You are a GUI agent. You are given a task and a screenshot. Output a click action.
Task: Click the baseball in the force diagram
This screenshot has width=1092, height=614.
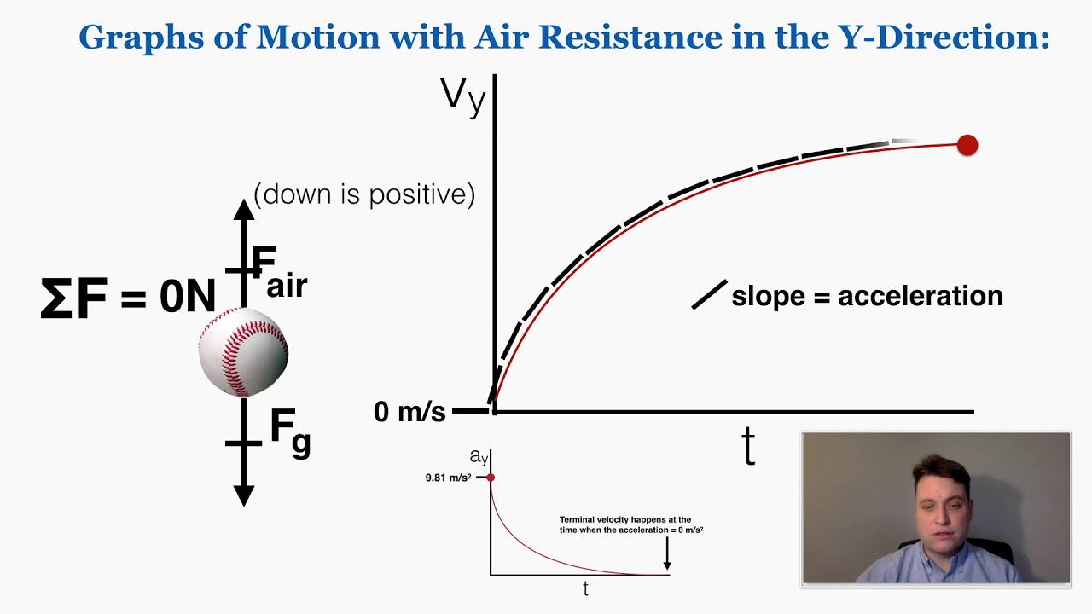coord(243,352)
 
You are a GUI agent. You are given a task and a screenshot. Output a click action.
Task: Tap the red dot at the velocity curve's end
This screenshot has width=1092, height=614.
coord(967,146)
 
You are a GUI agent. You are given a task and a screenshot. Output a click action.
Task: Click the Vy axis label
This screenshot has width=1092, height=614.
coord(462,96)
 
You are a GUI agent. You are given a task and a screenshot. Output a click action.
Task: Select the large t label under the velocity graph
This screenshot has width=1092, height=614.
coord(748,445)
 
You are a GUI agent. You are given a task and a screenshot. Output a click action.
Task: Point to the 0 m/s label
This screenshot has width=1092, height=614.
coord(409,412)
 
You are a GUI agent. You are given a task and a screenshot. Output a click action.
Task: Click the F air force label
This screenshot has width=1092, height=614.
coord(278,272)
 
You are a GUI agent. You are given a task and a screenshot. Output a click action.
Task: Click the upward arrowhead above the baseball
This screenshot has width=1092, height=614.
coord(244,210)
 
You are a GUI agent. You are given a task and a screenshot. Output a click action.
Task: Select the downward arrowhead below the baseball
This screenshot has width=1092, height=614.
coord(244,494)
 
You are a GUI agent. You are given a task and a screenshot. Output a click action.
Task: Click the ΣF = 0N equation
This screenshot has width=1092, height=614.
coord(128,298)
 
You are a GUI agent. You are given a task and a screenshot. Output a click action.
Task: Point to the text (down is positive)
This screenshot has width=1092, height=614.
coord(364,194)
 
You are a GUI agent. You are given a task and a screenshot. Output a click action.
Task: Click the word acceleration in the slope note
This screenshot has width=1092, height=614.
coord(921,296)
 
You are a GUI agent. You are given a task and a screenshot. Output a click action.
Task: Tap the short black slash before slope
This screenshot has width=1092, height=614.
coord(709,294)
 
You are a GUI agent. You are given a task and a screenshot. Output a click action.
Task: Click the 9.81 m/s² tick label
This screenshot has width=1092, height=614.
coord(448,478)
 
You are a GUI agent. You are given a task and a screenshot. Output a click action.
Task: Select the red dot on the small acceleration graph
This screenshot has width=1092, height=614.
coord(491,478)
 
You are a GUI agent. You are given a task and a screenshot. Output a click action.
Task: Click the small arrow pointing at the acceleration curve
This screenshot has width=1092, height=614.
coord(667,553)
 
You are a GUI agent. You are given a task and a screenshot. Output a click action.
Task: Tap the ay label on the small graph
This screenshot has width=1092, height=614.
coord(479,458)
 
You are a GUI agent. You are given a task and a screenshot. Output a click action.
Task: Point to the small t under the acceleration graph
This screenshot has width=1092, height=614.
coord(585,588)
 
